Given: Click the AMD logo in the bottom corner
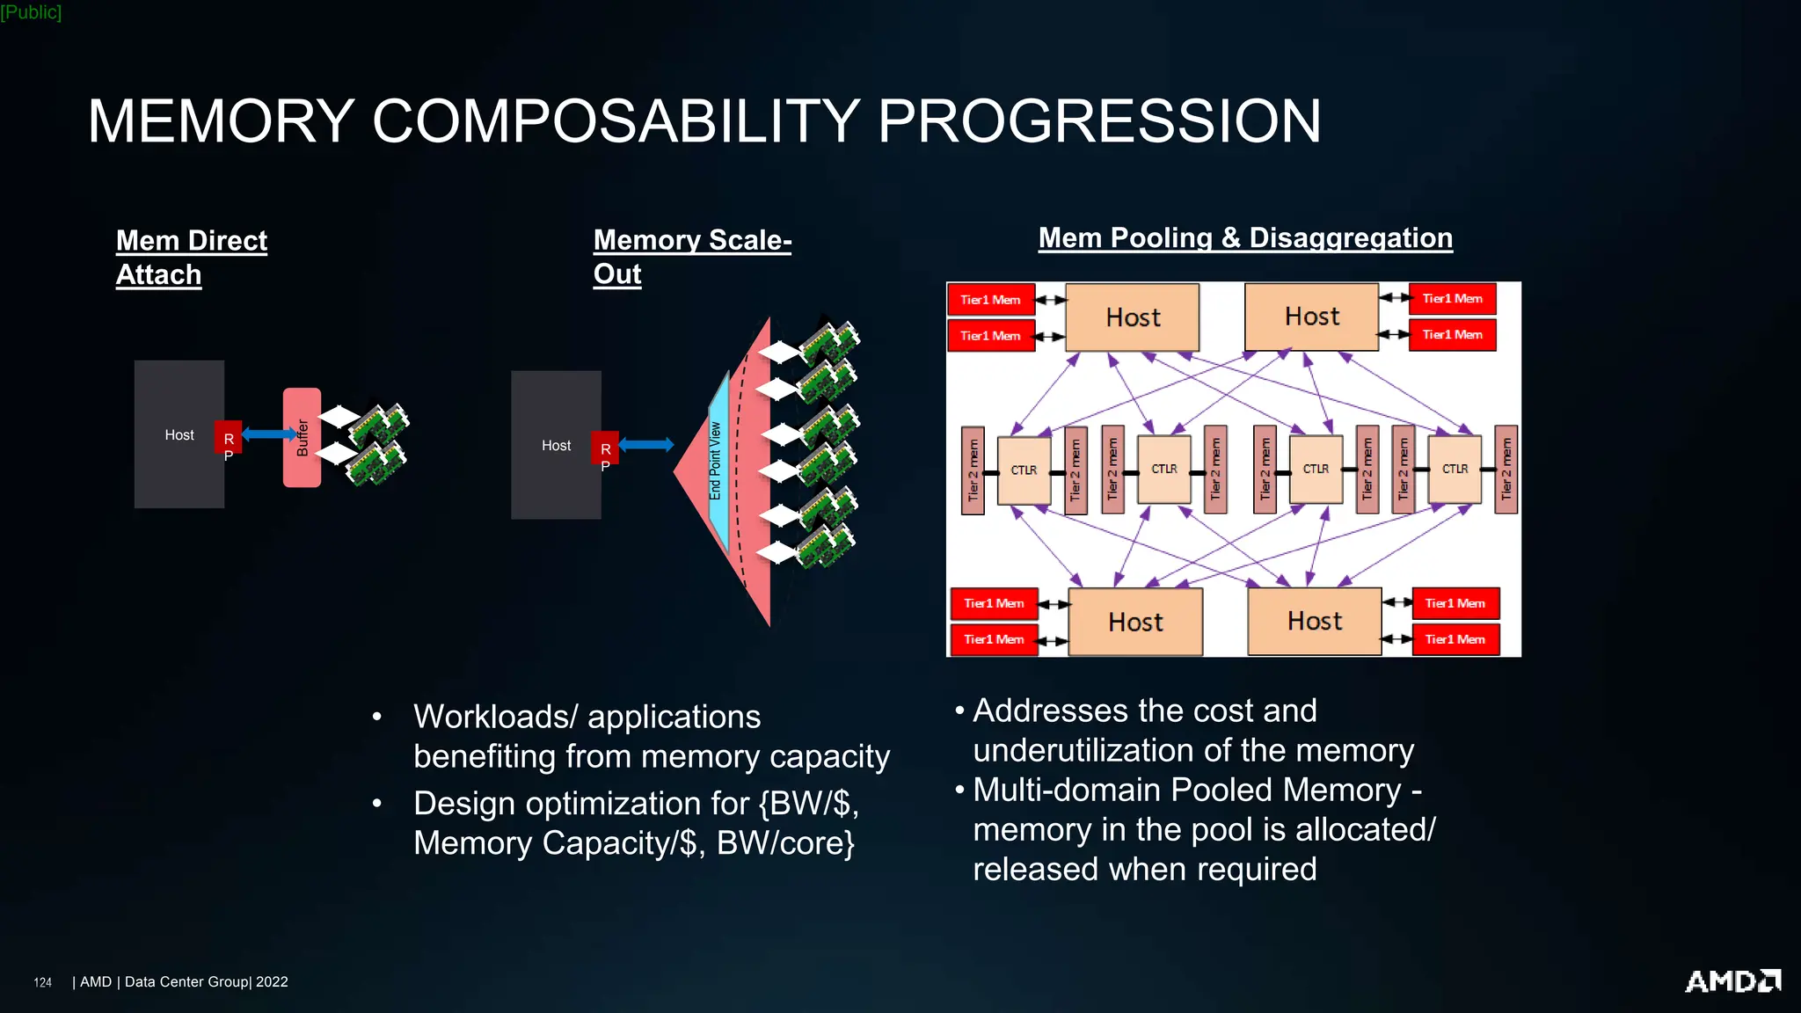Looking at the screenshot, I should click(1732, 980).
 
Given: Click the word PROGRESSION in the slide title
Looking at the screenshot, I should click(1099, 121).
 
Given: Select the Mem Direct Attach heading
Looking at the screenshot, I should click(191, 257).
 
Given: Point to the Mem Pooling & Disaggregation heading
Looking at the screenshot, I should click(1244, 237).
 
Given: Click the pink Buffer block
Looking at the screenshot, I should click(302, 437).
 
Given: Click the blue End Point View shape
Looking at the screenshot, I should click(718, 462).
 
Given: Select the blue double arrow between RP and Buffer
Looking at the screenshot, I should click(269, 434).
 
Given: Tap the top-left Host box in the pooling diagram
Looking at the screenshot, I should click(1132, 317).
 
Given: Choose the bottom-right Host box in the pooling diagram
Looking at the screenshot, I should click(1314, 621).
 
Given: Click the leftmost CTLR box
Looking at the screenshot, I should click(1024, 470).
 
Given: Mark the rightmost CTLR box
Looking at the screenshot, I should click(1455, 469).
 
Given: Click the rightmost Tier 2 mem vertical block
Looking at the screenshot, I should click(1506, 470).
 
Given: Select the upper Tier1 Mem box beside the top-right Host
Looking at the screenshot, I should click(1452, 299).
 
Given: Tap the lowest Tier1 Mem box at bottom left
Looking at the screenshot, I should click(994, 639).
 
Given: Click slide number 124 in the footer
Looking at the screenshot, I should click(42, 982).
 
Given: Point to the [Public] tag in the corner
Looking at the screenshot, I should click(31, 11).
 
